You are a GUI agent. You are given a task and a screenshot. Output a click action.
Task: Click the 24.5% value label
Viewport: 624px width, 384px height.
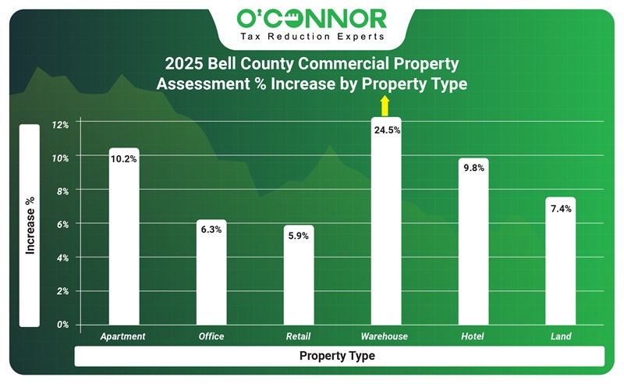click(387, 130)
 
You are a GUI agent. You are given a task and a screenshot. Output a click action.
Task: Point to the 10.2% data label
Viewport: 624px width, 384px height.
click(124, 159)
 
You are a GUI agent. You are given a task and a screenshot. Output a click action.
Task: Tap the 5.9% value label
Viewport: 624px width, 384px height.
click(298, 236)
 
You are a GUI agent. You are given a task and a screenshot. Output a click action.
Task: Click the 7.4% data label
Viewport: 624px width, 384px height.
click(560, 208)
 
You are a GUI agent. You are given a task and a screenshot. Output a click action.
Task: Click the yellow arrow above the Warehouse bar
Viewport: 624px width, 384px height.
click(384, 107)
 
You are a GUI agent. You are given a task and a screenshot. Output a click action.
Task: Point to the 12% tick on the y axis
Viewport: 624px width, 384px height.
click(61, 124)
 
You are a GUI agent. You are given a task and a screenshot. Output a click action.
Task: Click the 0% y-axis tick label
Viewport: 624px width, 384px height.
click(62, 324)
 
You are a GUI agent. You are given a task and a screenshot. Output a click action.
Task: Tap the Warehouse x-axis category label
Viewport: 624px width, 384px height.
click(384, 336)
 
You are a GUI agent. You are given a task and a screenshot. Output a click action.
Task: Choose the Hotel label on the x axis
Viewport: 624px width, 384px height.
click(472, 336)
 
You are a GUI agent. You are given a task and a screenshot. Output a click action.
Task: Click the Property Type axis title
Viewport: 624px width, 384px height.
click(337, 356)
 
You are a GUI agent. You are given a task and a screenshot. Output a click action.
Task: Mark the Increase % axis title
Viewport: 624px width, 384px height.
click(30, 226)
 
